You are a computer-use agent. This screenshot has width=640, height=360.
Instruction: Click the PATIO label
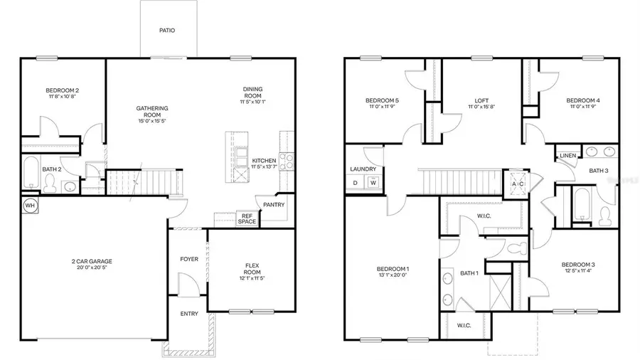[167, 31]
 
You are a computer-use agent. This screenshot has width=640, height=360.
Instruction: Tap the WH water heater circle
[30, 205]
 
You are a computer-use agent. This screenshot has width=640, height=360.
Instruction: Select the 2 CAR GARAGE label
[92, 261]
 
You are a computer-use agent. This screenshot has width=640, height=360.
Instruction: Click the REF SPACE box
[247, 218]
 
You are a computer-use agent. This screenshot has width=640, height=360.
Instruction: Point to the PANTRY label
[273, 205]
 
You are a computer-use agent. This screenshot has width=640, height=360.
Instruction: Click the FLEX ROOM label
[252, 268]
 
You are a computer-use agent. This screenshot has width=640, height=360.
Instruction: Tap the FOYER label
[189, 259]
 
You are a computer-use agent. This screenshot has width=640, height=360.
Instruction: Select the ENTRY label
[189, 314]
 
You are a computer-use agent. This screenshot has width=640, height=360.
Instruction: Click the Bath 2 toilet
[49, 184]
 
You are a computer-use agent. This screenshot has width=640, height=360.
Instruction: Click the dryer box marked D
[356, 183]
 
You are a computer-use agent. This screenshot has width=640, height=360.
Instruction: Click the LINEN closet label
[567, 155]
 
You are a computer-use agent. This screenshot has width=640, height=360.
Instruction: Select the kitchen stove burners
[287, 162]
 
